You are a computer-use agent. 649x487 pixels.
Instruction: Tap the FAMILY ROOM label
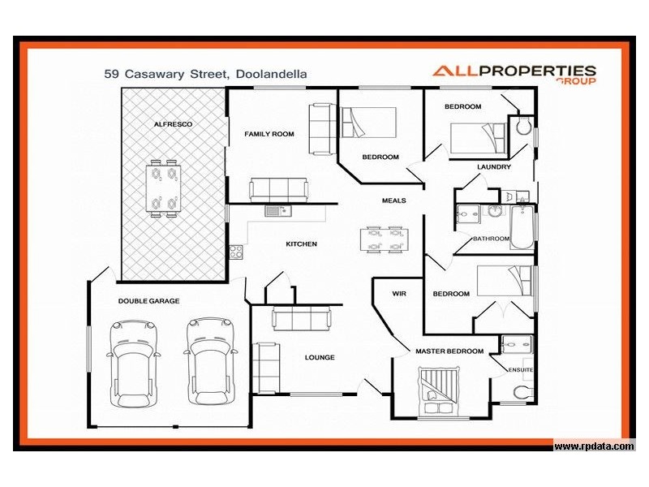click(269, 134)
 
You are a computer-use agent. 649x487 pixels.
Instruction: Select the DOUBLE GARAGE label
click(148, 300)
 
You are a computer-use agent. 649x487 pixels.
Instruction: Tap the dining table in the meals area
click(385, 239)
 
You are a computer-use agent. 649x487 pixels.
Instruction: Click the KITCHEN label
click(301, 244)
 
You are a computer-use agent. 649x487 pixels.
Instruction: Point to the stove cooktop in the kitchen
click(236, 252)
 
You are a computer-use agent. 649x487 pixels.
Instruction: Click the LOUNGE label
click(319, 357)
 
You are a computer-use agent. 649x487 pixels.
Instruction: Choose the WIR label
click(398, 293)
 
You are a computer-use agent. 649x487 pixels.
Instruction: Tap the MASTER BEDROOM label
click(449, 351)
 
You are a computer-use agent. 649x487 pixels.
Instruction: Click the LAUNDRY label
click(493, 167)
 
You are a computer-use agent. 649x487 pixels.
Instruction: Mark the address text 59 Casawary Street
click(165, 73)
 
